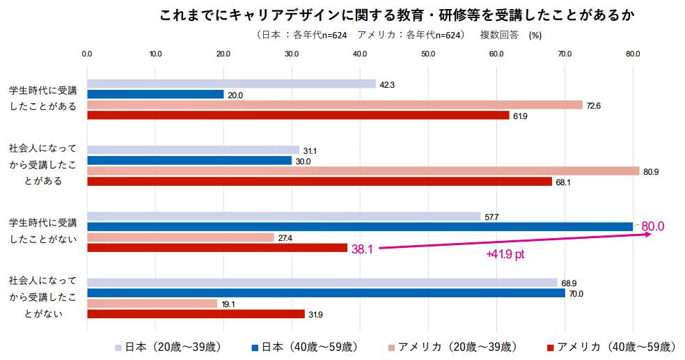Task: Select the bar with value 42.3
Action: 231,84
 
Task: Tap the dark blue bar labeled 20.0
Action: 155,95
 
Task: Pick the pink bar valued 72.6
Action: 334,105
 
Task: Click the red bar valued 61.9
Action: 298,116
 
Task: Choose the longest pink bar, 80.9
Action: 363,171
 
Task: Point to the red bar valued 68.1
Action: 319,182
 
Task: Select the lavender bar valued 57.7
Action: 283,217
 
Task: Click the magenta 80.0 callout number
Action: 652,226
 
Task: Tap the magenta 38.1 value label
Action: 362,249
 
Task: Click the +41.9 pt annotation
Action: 505,255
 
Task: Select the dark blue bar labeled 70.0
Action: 325,293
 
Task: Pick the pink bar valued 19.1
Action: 152,304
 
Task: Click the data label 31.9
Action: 315,315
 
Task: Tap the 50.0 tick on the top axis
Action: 427,54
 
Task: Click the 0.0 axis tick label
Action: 87,54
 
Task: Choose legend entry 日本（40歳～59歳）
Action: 305,347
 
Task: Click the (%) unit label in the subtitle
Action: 535,35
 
